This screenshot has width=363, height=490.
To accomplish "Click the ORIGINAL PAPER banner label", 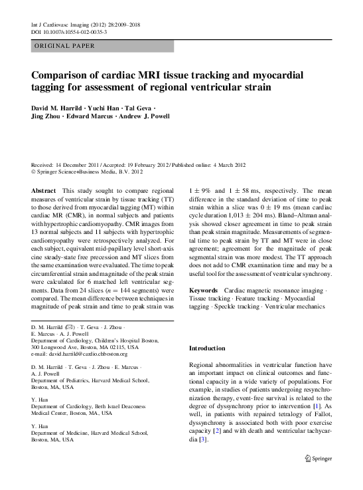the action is click(x=63, y=46).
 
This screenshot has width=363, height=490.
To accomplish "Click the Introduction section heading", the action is click(x=207, y=348).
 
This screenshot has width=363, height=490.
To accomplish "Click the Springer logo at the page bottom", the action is click(x=317, y=458).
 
